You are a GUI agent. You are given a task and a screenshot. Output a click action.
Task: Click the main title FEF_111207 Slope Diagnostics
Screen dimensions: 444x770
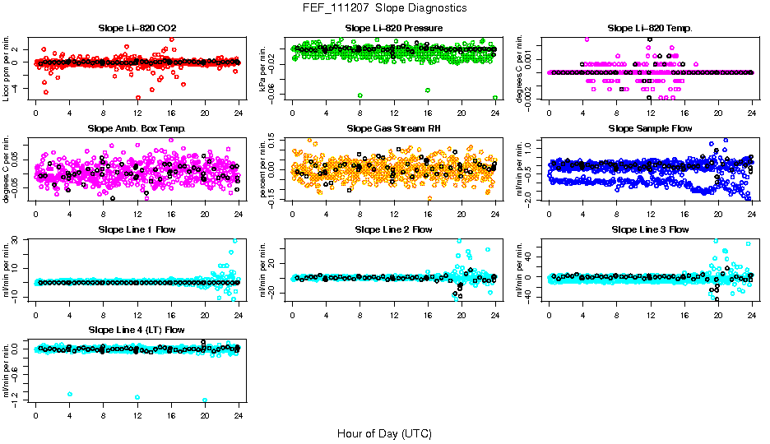[x=384, y=7]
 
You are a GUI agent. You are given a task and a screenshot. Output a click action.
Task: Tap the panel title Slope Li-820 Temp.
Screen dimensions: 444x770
[x=650, y=29]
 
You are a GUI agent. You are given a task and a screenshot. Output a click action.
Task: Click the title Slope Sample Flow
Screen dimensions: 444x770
[x=650, y=129]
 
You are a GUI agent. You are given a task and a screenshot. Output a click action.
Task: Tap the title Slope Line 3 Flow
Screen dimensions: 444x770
[x=650, y=229]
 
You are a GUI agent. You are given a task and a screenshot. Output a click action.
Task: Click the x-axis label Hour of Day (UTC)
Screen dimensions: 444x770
[x=384, y=432]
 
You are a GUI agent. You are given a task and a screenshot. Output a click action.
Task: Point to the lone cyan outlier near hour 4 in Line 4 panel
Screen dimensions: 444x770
[x=70, y=394]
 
